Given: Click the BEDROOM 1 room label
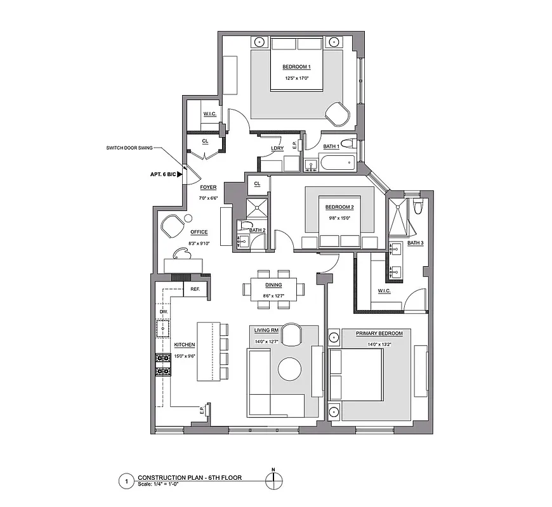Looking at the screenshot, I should click(296, 67).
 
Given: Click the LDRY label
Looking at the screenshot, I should click(277, 148).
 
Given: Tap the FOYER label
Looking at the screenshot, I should click(208, 188).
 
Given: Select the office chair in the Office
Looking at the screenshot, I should click(171, 224).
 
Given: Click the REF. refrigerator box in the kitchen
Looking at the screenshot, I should click(195, 290).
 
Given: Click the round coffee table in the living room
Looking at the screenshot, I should click(291, 369).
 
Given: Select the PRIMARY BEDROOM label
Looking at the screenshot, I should click(378, 333).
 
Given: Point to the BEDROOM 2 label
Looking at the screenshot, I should click(339, 207).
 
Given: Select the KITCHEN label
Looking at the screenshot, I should click(184, 345).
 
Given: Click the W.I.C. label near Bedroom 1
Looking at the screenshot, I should click(210, 114).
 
